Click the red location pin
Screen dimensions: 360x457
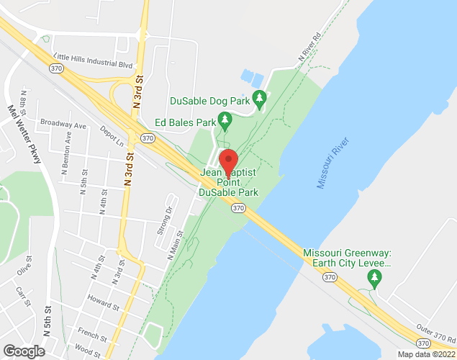click(x=228, y=161)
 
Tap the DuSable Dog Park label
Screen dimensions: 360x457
click(x=209, y=102)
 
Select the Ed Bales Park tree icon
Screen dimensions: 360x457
click(x=225, y=120)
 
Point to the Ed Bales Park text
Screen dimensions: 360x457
click(x=186, y=123)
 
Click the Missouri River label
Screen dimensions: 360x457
click(x=331, y=163)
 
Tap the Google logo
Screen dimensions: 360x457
click(x=23, y=351)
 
